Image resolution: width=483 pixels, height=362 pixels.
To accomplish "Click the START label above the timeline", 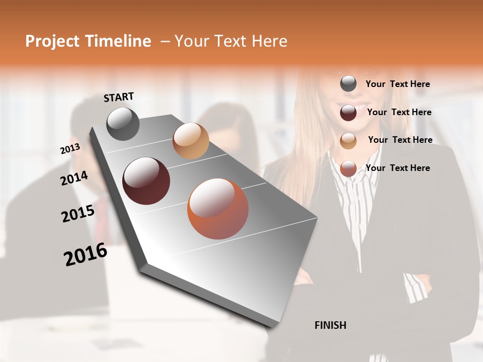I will (x=119, y=97).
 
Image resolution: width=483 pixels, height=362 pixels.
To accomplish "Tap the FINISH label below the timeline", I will (x=330, y=325).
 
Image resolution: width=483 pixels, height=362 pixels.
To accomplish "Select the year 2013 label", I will (x=70, y=149).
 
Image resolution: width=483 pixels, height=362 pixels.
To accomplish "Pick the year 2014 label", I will (x=74, y=178).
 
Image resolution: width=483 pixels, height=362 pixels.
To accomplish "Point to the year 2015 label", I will (x=78, y=214).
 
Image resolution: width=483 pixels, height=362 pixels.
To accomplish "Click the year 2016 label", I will (x=86, y=254).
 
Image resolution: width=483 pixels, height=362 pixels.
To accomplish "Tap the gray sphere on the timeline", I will (x=123, y=124).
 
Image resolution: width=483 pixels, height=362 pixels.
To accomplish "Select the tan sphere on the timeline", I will (x=191, y=141).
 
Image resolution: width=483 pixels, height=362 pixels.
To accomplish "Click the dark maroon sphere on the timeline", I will (x=146, y=181).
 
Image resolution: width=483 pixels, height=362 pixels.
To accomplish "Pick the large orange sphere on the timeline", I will (x=218, y=209).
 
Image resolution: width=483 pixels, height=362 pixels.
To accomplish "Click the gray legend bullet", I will (x=348, y=84).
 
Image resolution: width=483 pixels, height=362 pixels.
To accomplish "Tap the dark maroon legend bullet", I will (x=348, y=113).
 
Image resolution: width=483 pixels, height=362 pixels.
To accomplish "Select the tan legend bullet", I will (x=348, y=141).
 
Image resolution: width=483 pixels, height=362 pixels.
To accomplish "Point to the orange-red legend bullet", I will (x=348, y=169).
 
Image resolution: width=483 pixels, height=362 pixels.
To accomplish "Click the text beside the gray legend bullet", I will (x=397, y=84).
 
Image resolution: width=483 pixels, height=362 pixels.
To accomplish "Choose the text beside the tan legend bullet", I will (x=400, y=140).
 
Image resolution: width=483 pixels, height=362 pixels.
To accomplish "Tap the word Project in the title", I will (x=52, y=41).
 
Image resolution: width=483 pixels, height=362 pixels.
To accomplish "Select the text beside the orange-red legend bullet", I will (x=397, y=168).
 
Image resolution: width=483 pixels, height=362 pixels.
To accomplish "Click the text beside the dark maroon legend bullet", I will (x=399, y=112).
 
